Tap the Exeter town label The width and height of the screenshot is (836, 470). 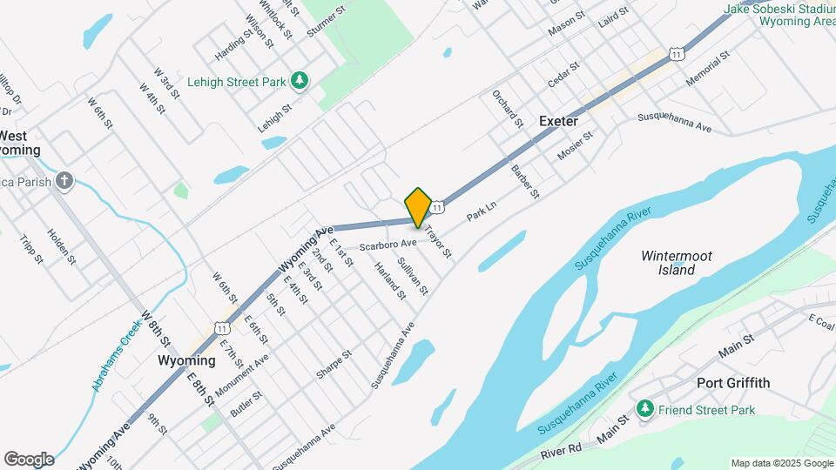click(558, 121)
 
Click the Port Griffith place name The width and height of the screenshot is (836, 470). click(733, 383)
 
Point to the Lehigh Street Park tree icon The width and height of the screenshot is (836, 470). click(300, 81)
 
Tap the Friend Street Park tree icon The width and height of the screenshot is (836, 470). click(644, 409)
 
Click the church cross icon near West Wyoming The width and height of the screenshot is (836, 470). click(63, 181)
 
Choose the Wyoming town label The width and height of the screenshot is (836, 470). click(186, 360)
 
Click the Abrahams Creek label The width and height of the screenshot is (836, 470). click(111, 352)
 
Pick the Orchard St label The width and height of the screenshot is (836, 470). click(507, 108)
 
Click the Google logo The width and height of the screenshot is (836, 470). click(29, 460)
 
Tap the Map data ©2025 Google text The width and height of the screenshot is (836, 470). click(781, 463)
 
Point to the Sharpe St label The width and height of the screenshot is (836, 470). click(334, 365)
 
